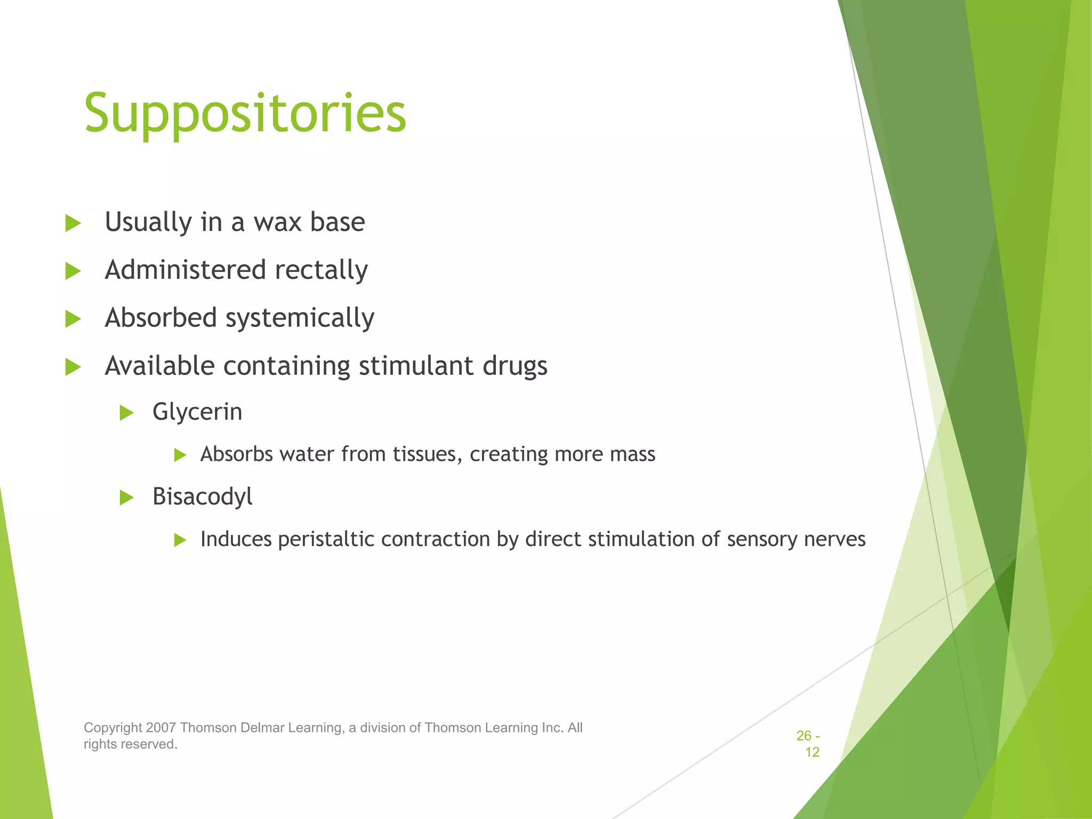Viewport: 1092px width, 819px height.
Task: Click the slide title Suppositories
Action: pyautogui.click(x=245, y=113)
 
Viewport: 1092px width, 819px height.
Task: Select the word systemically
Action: pyautogui.click(x=300, y=318)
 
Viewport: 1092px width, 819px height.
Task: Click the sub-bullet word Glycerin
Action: pyautogui.click(x=197, y=412)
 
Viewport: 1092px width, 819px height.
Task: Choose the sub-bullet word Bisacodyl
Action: pyautogui.click(x=202, y=497)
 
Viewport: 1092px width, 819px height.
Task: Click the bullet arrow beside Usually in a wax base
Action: pyautogui.click(x=73, y=223)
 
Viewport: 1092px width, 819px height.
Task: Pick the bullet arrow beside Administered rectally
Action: pyautogui.click(x=73, y=271)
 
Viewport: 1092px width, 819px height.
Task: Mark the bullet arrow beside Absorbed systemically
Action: pyautogui.click(x=73, y=319)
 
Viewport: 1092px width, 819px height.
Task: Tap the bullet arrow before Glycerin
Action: pyautogui.click(x=126, y=413)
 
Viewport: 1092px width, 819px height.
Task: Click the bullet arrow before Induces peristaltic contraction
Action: pyautogui.click(x=180, y=540)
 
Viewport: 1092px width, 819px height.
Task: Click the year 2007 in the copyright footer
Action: pyautogui.click(x=161, y=728)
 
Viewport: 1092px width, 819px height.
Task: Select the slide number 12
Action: pyautogui.click(x=812, y=752)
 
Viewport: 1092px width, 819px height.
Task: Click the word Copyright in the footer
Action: pyautogui.click(x=113, y=728)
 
